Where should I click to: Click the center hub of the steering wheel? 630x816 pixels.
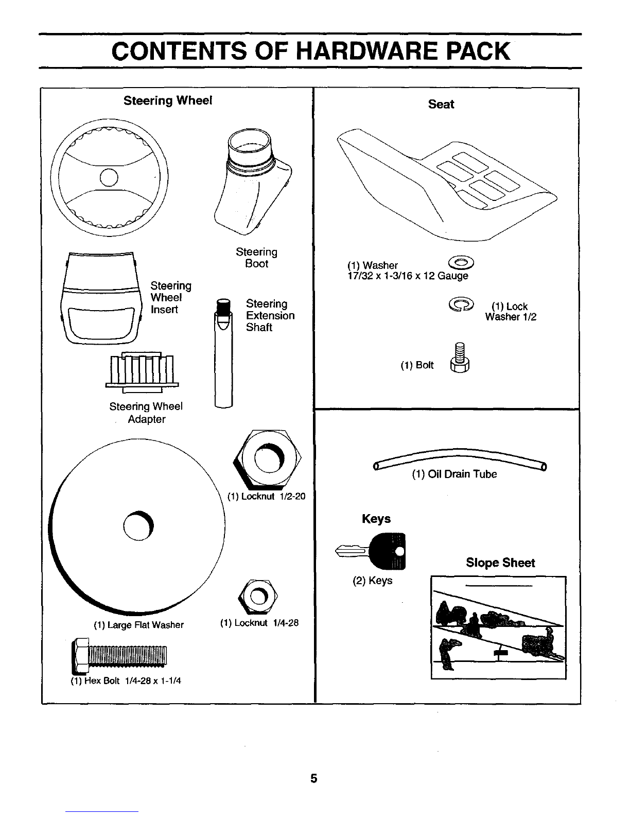click(x=109, y=177)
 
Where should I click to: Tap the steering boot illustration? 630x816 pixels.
click(x=253, y=182)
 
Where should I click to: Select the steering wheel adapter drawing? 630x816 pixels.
click(x=142, y=372)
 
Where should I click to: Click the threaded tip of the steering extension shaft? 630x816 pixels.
click(x=223, y=308)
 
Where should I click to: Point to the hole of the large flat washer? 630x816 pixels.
click(x=138, y=526)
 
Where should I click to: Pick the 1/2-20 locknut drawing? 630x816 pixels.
click(x=267, y=459)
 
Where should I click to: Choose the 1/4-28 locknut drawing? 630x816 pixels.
click(x=258, y=596)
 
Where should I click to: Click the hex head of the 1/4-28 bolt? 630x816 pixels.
click(x=80, y=656)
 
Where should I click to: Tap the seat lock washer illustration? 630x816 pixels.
click(x=461, y=304)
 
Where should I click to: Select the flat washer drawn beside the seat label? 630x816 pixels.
click(x=461, y=263)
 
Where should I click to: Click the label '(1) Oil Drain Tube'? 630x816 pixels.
click(x=454, y=474)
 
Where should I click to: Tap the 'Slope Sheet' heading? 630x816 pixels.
click(x=500, y=563)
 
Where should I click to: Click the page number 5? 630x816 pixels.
click(x=313, y=778)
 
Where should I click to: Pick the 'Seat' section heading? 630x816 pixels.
click(x=441, y=104)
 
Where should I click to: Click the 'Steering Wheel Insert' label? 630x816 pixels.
click(x=171, y=297)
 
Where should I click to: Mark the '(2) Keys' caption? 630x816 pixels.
click(x=372, y=581)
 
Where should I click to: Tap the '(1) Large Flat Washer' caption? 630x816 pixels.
click(x=138, y=625)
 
